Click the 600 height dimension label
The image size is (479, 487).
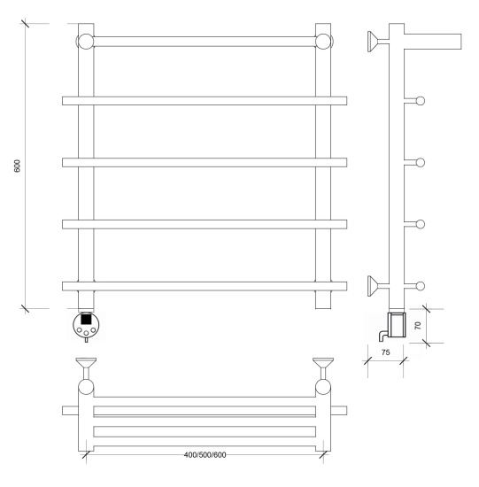point(17,166)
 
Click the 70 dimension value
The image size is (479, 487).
point(418,326)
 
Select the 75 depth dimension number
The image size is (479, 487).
point(385,352)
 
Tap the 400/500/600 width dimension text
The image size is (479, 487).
point(205,455)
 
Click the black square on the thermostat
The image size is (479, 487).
point(86,320)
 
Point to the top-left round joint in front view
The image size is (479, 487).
point(85,42)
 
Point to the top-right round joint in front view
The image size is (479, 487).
point(323,42)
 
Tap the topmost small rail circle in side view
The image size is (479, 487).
point(421,101)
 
